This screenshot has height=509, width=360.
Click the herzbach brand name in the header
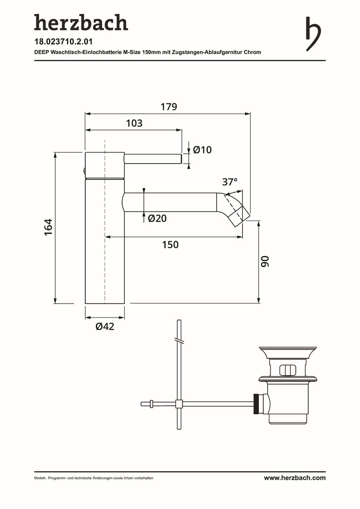point(81,23)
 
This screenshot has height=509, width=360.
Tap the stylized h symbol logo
point(313,34)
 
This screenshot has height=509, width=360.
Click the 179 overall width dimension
point(169,107)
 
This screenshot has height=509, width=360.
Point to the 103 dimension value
point(134,123)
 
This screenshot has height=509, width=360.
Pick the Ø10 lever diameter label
point(202,150)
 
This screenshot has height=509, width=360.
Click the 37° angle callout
point(230,182)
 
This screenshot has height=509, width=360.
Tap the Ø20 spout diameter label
point(157,218)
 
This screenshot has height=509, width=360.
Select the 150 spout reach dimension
point(170,245)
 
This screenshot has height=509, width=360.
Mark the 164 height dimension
point(48,227)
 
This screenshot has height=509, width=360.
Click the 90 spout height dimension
point(265,261)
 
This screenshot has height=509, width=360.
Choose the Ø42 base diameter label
point(105,326)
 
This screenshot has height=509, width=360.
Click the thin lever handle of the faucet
point(153,159)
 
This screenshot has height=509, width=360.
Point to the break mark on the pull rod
point(179,340)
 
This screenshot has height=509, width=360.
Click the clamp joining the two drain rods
point(179,404)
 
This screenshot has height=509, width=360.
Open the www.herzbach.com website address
point(295,477)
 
